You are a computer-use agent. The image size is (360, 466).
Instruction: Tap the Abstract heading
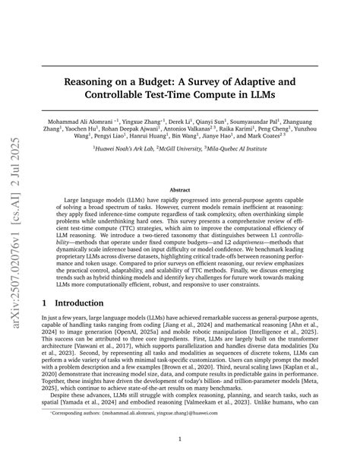pos(180,189)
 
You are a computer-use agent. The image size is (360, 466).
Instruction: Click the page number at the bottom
pos(180,439)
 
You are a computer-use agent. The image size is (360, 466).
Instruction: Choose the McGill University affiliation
pos(188,170)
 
